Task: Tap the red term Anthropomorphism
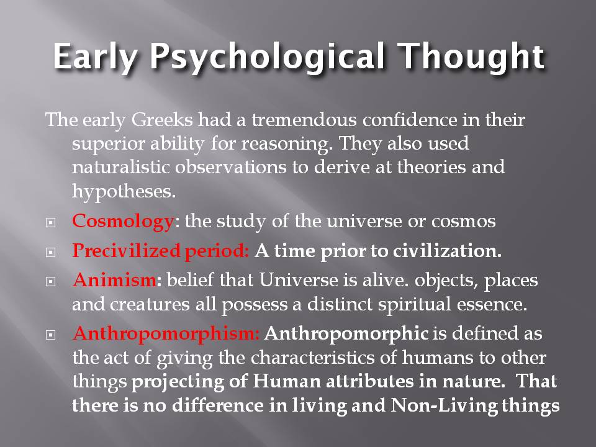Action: [x=165, y=334]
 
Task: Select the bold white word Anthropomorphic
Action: [x=346, y=334]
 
